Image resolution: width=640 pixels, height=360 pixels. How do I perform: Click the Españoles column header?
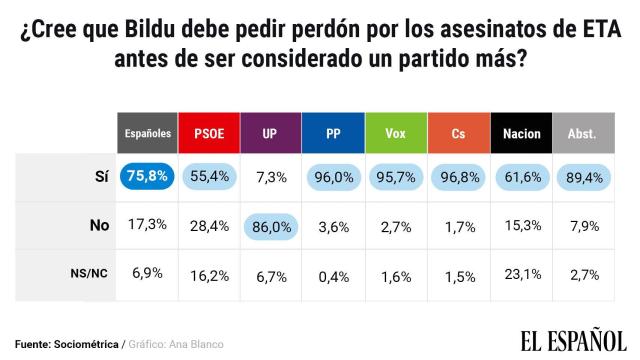[x=148, y=132]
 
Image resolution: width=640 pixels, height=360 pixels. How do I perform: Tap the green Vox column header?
[x=397, y=132]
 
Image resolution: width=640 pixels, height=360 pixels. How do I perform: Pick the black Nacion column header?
[x=522, y=132]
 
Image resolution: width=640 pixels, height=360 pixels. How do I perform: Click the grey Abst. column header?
[x=584, y=132]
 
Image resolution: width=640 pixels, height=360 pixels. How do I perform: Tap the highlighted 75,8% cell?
[x=148, y=177]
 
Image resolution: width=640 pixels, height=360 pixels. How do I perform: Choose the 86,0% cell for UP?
[x=273, y=225]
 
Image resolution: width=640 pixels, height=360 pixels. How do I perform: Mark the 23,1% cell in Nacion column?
[x=522, y=273]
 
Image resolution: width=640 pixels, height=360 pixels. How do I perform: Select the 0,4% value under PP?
[x=335, y=273]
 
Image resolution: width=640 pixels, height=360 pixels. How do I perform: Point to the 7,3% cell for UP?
[x=273, y=177]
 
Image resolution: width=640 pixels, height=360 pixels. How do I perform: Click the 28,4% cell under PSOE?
[x=211, y=225]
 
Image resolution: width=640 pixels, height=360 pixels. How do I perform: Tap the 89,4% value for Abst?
[x=584, y=177]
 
